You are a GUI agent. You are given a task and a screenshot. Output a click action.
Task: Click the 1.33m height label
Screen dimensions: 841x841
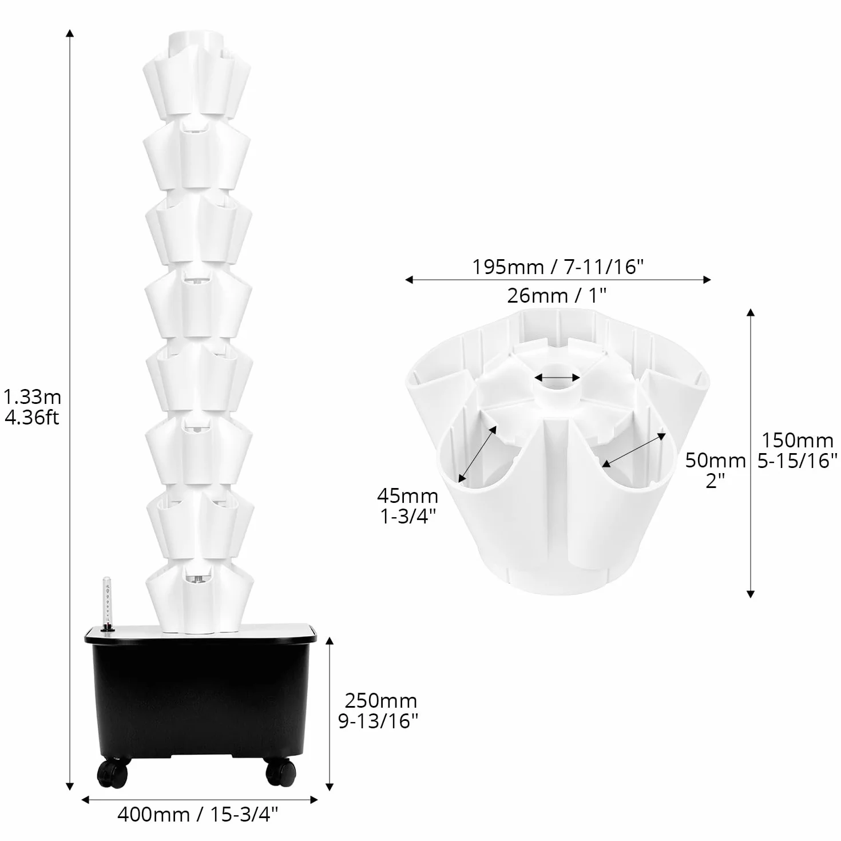click(x=32, y=397)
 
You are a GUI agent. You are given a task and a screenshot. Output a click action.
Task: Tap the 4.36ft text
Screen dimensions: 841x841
click(x=31, y=418)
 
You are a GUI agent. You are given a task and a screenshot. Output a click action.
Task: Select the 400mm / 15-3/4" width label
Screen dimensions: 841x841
click(x=198, y=814)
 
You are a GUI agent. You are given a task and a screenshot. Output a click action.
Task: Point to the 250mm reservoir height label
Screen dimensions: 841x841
click(x=381, y=701)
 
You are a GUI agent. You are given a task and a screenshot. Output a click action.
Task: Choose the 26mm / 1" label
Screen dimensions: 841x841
click(x=557, y=295)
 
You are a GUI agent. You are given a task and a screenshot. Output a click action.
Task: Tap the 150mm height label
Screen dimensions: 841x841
click(x=798, y=441)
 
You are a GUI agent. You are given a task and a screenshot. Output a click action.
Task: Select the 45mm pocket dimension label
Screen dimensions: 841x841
click(x=407, y=496)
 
